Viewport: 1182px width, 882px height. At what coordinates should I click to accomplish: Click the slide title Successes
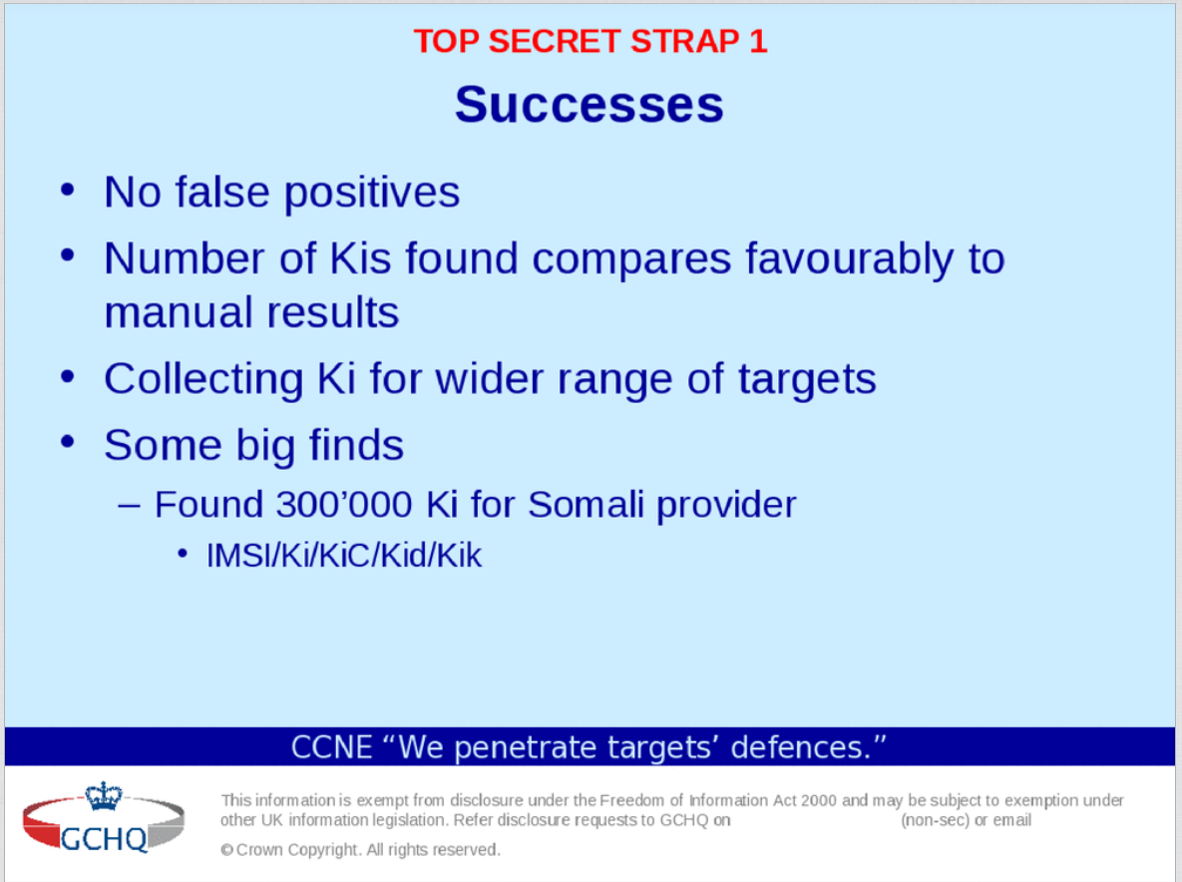(589, 104)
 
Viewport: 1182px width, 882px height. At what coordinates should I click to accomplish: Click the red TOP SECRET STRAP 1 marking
(591, 41)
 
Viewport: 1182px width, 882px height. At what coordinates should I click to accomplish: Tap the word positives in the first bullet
(372, 193)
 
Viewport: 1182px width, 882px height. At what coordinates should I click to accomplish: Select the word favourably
(850, 260)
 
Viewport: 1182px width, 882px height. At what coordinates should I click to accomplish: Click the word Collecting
(203, 379)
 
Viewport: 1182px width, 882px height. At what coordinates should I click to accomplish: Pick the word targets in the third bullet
(807, 379)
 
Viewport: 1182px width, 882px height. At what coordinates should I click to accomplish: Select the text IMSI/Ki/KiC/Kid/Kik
(344, 556)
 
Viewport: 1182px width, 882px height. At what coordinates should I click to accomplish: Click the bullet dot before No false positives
(68, 190)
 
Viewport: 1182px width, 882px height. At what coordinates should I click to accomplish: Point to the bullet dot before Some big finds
(68, 443)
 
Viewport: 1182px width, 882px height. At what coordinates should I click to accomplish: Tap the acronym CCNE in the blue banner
(332, 748)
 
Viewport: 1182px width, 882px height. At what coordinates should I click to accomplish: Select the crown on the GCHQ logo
(104, 796)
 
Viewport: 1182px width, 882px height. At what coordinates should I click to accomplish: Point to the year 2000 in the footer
(819, 800)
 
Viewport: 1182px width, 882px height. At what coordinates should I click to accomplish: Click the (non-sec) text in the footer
(935, 820)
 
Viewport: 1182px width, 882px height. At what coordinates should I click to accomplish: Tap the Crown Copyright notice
(360, 850)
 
